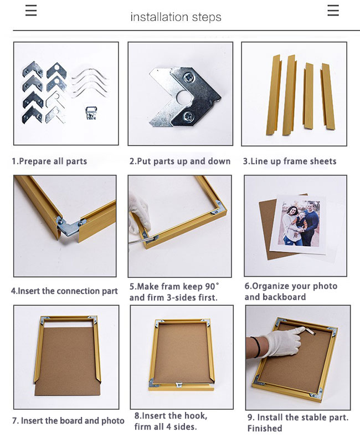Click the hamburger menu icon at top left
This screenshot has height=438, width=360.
pos(31,11)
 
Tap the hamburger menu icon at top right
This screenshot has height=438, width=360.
pos(333,11)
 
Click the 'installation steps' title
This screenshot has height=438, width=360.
pos(176,17)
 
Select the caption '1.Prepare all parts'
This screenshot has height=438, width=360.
pos(49,161)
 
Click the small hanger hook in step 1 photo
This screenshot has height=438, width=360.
pos(91,113)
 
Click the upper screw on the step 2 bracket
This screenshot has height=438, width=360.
pos(187,77)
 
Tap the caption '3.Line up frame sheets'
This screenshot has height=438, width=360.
pos(290,161)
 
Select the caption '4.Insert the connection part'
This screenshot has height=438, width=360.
pos(64,291)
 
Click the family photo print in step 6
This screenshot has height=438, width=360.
pos(299,225)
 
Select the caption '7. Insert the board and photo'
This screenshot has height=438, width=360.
pos(68,421)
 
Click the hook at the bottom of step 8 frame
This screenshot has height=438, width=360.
pos(179,385)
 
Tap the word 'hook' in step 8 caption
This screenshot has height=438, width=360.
pos(195,416)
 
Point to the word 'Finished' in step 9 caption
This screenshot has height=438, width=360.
pos(265,428)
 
